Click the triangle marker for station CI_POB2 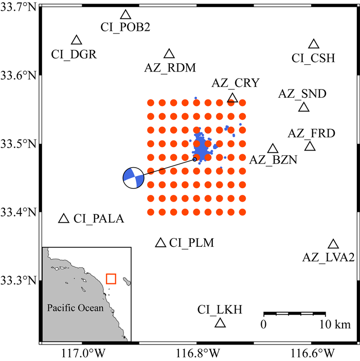click(x=125, y=15)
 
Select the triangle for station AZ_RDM click(x=169, y=54)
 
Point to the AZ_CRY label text click(x=235, y=83)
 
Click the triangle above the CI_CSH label click(x=314, y=45)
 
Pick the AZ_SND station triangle click(x=303, y=107)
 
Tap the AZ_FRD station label click(x=311, y=134)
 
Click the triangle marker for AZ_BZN click(x=273, y=149)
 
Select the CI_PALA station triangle click(x=64, y=219)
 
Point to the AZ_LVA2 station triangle click(x=333, y=244)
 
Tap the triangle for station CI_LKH click(x=220, y=323)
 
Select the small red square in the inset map click(x=111, y=279)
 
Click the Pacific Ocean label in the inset click(x=75, y=308)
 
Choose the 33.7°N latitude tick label click(x=19, y=7)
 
